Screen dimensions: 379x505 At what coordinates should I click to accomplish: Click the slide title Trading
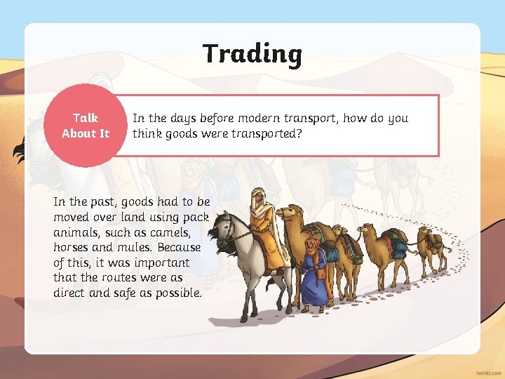pos(252,54)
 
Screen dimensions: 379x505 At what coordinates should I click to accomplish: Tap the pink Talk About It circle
pos(86,126)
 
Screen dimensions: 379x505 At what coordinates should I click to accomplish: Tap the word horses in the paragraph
pos(72,247)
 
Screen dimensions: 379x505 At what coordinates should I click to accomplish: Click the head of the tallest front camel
pos(288,211)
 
